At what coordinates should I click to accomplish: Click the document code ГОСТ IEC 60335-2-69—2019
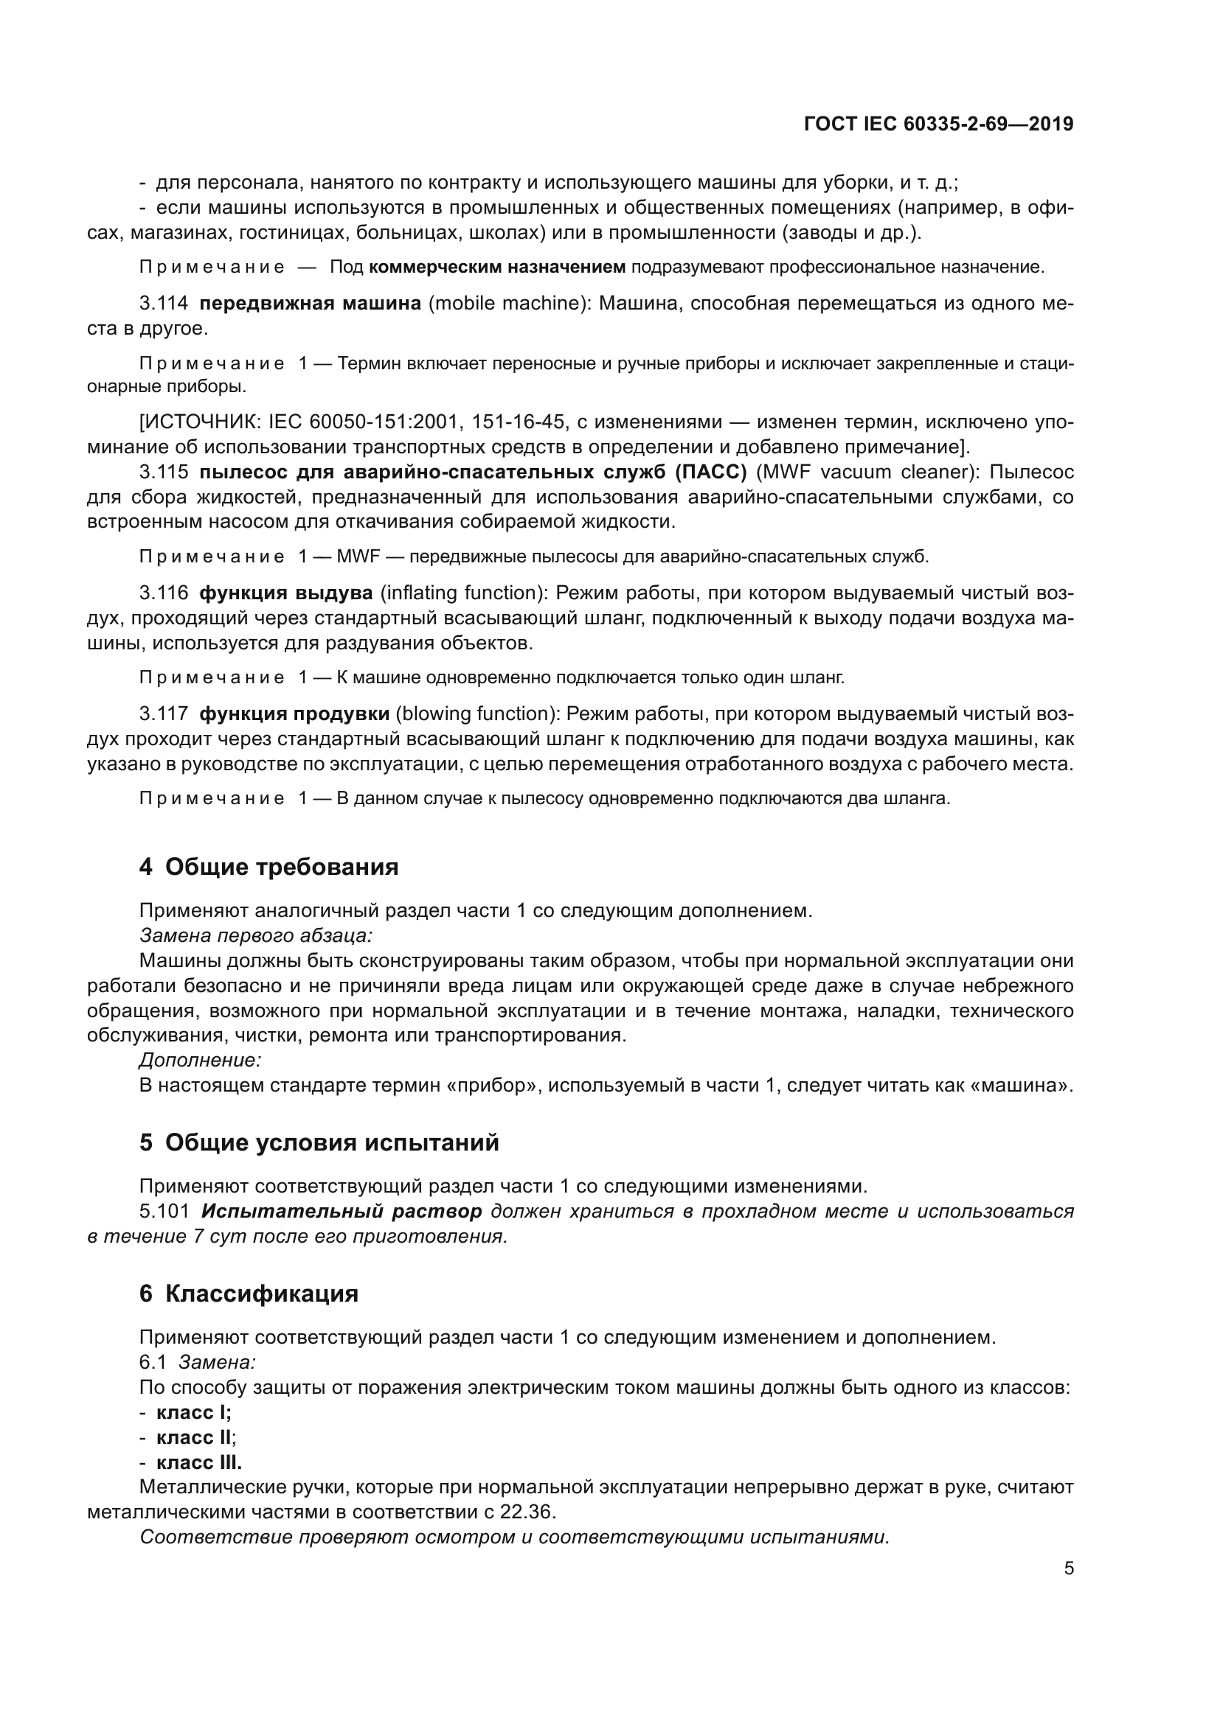point(938,124)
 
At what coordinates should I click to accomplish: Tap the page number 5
point(1068,1568)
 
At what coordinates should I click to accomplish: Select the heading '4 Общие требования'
point(268,868)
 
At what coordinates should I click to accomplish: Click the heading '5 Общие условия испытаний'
point(319,1143)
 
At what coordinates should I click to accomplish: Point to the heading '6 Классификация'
point(249,1294)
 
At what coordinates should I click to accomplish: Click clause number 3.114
point(164,304)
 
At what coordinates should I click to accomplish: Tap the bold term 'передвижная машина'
point(311,304)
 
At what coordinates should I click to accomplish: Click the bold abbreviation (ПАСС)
point(710,472)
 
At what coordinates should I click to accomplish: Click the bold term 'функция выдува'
point(285,593)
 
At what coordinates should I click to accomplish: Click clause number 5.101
point(164,1211)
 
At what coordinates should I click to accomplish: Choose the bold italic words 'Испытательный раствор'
point(342,1211)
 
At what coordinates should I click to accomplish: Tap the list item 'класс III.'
point(198,1462)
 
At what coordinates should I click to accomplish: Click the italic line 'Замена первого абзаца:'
point(255,935)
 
